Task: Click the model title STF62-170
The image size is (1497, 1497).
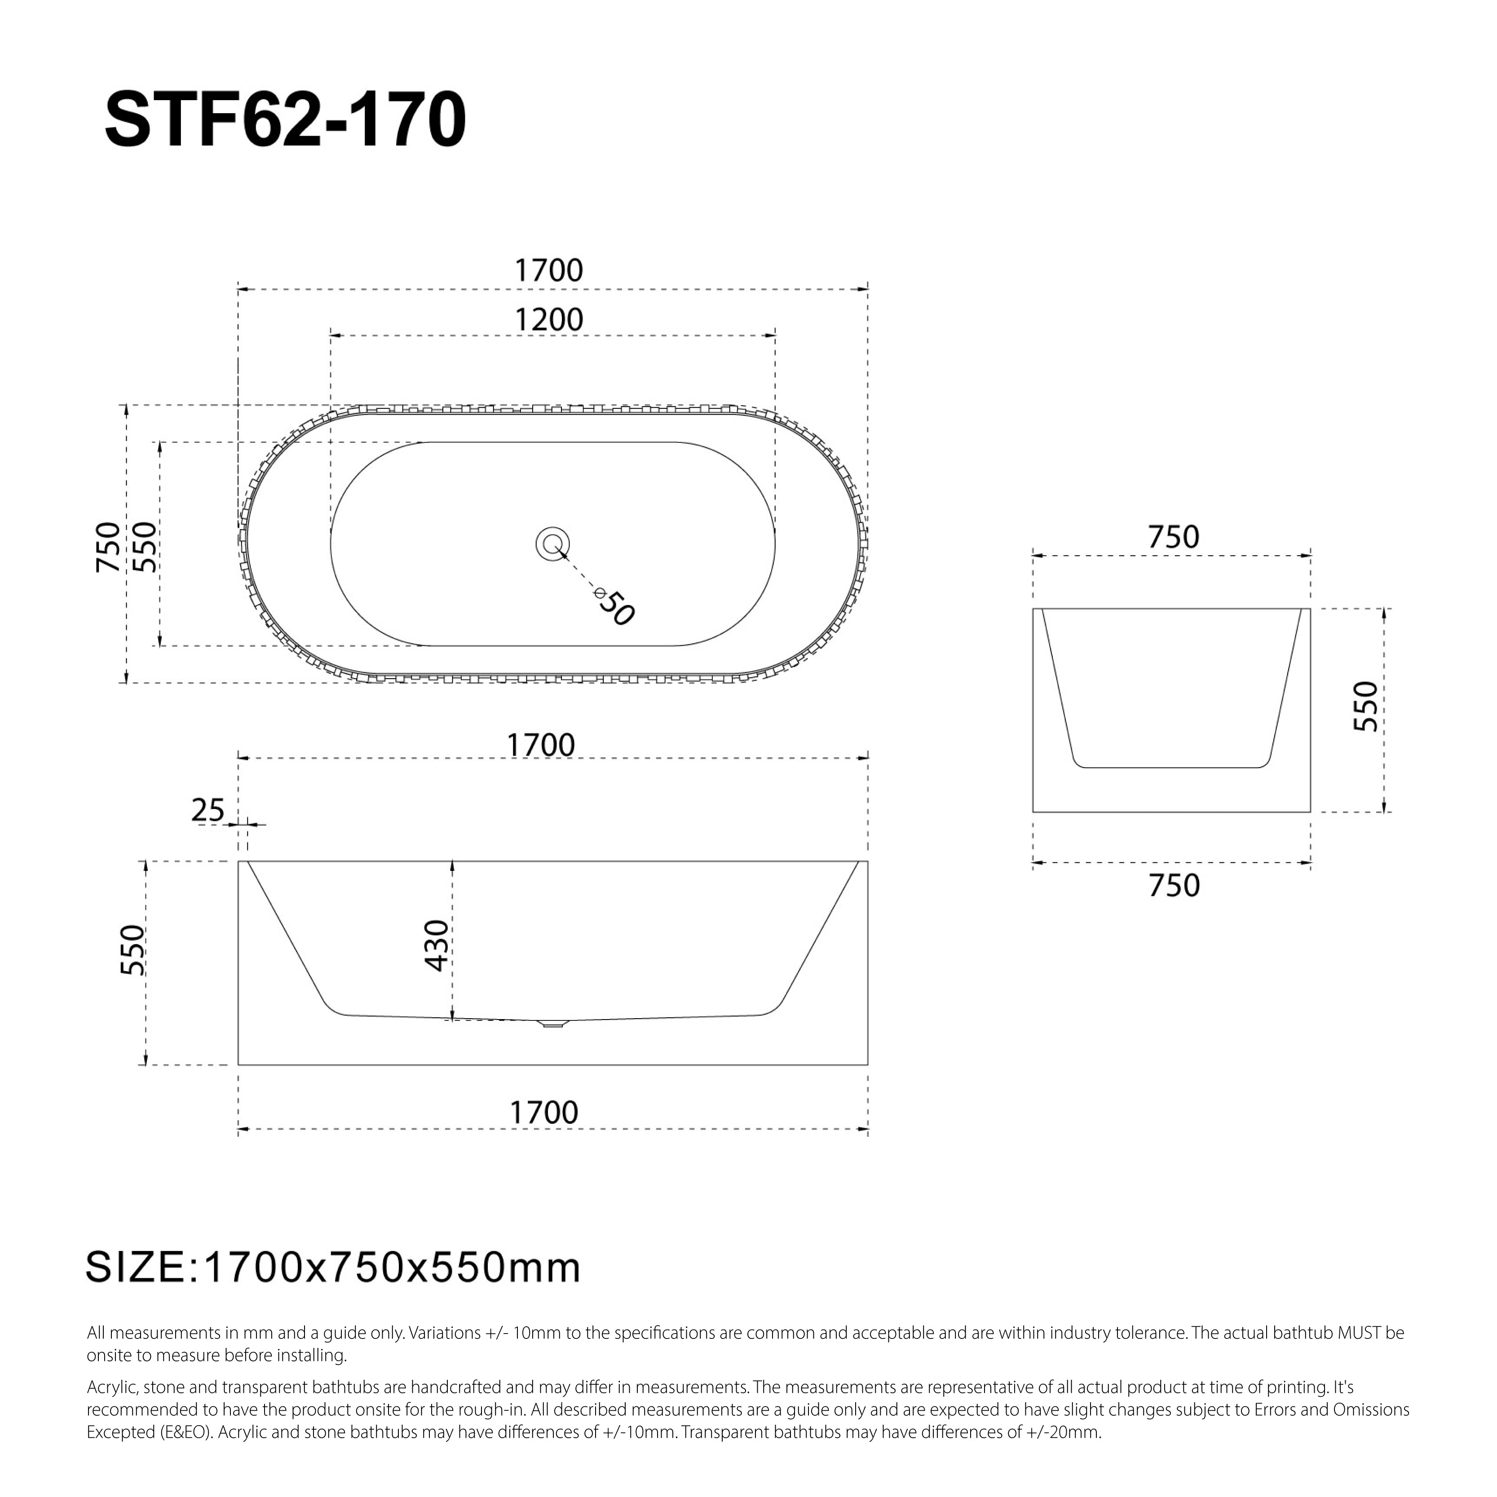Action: click(285, 120)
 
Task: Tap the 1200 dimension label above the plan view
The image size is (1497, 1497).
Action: click(548, 320)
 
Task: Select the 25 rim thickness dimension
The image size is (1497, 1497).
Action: click(208, 811)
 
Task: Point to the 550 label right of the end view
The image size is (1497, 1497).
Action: click(1366, 706)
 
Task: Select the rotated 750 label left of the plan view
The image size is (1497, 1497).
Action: click(109, 547)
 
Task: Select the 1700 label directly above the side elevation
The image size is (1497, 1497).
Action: click(541, 746)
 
